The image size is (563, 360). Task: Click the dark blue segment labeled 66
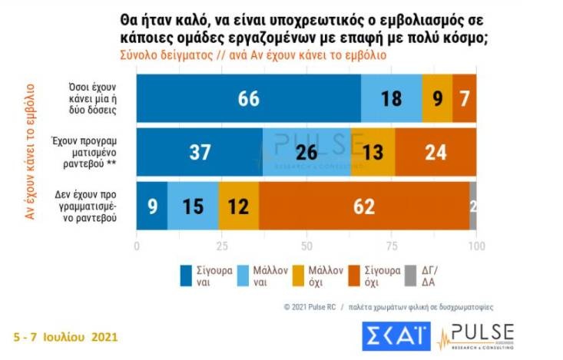coord(248,99)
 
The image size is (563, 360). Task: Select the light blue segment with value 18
coord(391,99)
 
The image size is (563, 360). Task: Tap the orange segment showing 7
coord(465,99)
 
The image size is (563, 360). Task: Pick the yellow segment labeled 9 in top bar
coord(437,99)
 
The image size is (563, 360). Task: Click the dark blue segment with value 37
coord(199,153)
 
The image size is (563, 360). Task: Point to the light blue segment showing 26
coord(306,153)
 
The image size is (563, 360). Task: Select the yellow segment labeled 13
coord(373,153)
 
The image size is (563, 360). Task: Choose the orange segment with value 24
coord(435,153)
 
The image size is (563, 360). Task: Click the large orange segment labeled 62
coord(363,206)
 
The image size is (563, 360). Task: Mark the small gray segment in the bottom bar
coord(472,206)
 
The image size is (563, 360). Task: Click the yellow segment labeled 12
coord(238,206)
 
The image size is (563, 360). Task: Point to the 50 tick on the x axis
coord(306,246)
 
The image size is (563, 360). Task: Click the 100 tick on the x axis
coord(476,246)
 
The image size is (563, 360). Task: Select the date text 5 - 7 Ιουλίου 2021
coord(66,336)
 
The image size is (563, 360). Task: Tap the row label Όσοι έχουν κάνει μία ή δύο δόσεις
coord(92,99)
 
